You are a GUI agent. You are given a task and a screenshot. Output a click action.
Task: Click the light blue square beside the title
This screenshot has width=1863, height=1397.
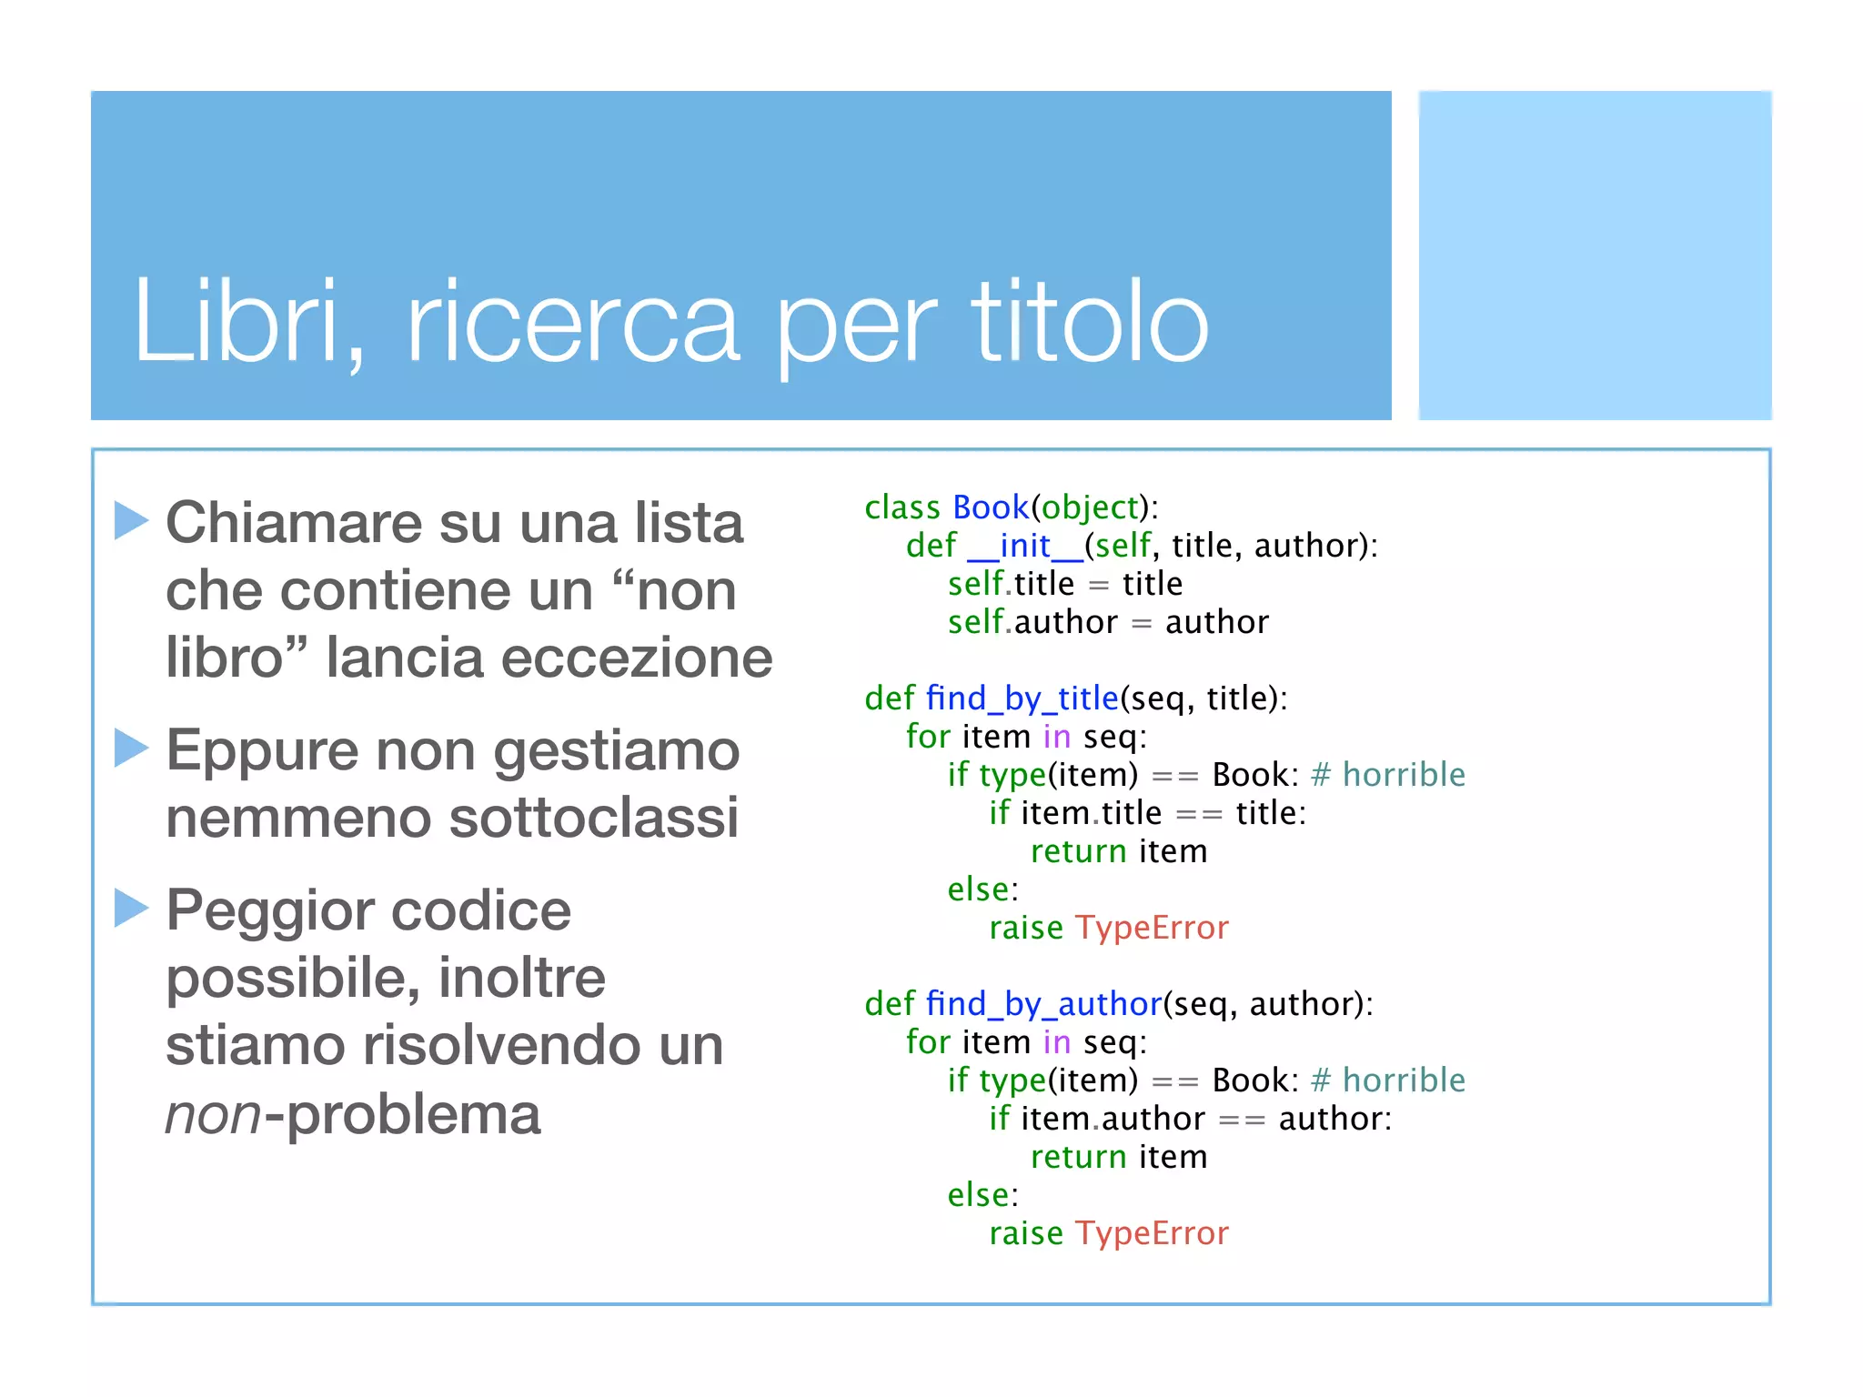pos(1595,256)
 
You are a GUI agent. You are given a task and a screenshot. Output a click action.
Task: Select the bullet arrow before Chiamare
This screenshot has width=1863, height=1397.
pos(131,521)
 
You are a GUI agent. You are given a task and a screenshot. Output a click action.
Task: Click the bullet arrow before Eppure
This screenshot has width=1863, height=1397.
pos(131,749)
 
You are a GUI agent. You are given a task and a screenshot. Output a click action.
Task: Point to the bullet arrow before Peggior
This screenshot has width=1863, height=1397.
pos(131,908)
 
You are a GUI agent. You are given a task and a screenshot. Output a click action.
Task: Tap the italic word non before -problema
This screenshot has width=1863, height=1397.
pos(213,1113)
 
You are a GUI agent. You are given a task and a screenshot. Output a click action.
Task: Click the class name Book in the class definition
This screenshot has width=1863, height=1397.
pos(990,507)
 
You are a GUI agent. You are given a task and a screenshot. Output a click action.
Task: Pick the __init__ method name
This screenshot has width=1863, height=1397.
pos(1025,546)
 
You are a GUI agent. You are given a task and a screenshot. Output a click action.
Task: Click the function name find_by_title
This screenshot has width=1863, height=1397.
pos(1022,698)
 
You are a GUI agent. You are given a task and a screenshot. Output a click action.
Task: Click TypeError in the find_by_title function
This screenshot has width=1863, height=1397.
pos(1152,928)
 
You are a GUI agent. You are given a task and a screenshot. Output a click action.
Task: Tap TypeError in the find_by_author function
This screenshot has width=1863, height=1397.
pos(1152,1233)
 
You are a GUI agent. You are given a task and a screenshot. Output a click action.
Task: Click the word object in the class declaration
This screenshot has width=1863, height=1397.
pos(1090,507)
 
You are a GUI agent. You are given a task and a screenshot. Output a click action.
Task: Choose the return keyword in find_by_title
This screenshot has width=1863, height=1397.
pos(1078,851)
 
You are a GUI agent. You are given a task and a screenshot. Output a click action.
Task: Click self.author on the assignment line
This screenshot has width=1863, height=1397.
pos(1032,622)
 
